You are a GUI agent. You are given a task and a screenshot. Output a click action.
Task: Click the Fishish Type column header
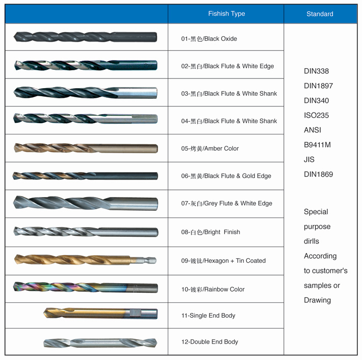coord(226,14)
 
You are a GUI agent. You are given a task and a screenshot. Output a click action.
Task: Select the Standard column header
coord(320,14)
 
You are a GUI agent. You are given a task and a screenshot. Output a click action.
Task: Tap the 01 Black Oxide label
coord(209,39)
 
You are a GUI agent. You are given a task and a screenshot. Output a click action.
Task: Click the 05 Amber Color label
coord(210,148)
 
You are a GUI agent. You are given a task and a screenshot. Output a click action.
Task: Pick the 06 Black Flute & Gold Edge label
coord(226,176)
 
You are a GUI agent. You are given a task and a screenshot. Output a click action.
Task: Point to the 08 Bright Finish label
coord(211,232)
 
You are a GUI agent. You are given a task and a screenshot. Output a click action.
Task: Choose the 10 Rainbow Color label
coord(213,289)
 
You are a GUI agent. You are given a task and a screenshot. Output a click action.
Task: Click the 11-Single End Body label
coord(208,316)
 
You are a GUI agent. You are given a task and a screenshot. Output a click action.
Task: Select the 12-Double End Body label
coord(210,342)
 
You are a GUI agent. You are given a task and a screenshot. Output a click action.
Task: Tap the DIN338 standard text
coord(316,71)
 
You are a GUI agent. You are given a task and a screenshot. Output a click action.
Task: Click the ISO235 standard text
coord(316,115)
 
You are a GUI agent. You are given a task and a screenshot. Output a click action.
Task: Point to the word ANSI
coord(313,130)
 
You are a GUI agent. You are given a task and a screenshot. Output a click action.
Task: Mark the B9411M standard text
coord(317,145)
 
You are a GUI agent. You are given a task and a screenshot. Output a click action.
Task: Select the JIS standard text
coord(309,159)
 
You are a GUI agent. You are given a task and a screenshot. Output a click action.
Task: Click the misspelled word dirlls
coord(312,241)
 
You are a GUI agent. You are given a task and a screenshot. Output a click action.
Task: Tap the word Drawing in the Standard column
coord(317,300)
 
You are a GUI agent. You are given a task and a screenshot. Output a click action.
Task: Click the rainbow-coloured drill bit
coord(86,287)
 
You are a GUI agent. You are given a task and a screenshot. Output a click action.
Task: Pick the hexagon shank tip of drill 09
coord(144,261)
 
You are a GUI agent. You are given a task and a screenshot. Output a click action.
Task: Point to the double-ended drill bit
coord(100,343)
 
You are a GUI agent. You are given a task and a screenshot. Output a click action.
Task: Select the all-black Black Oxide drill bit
coord(85,37)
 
